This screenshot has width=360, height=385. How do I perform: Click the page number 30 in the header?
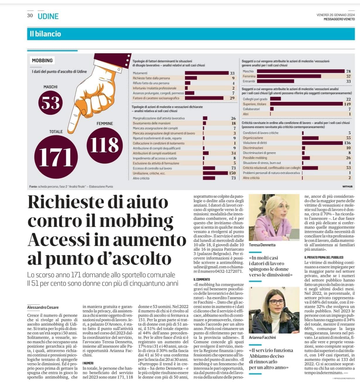coord(30,16)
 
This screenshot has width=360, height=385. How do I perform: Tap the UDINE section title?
coord(48,16)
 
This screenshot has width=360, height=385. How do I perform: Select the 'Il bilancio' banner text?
coord(45,34)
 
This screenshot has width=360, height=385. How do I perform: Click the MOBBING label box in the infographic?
coord(42,61)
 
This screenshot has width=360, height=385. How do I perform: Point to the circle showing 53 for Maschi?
coord(51,103)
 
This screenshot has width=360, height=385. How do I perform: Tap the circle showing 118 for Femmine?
coord(104,145)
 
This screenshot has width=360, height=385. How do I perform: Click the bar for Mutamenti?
coord(207,73)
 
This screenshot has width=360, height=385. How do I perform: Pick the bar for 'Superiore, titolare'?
coord(306,104)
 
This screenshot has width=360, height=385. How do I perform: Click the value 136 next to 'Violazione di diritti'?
coord(347,143)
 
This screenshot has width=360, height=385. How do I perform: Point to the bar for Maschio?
coord(301,71)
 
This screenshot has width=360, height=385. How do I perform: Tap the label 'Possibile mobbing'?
coord(255,158)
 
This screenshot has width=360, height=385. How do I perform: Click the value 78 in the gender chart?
coord(348,71)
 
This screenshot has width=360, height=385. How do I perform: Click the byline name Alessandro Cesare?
coord(43,307)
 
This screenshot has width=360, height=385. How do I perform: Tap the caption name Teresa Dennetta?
coord(262,245)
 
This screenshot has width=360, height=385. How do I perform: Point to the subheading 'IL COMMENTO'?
coord(202,279)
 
